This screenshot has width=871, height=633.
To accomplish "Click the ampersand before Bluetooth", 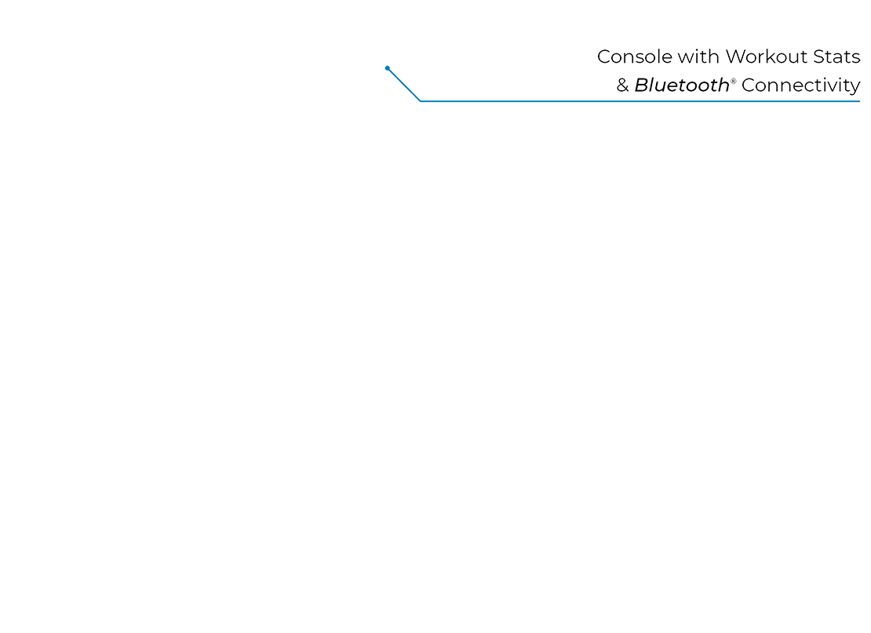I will pos(623,86).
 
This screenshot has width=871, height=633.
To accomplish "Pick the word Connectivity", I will pos(800,86).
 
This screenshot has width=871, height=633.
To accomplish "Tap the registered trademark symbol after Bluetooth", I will pos(735,80).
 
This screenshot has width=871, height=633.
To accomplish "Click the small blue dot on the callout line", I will pos(388,68).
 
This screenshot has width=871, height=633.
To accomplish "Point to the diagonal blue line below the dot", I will pos(404,85).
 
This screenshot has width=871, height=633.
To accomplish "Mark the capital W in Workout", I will pos(734,57).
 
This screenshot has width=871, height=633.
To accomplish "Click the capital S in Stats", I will pos(817,57).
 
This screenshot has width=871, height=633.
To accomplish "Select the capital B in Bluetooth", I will pos(641,85).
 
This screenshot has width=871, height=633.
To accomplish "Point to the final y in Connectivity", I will pos(854,88).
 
